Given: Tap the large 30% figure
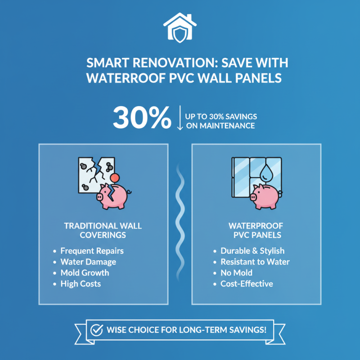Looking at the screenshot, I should [x=142, y=118].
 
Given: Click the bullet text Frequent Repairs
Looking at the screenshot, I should [x=92, y=251].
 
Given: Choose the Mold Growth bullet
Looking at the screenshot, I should [x=85, y=273].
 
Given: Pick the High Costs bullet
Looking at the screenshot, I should [x=81, y=284].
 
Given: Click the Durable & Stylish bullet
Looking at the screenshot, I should [x=252, y=251].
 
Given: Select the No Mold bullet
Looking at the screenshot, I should [x=236, y=273].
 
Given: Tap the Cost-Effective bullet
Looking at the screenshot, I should [x=247, y=284].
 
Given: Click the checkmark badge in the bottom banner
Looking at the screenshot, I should [x=97, y=329].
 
